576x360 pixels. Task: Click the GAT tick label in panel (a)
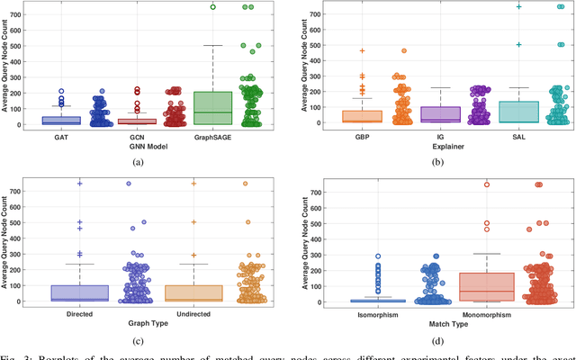coord(61,138)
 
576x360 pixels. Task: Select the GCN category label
coord(138,138)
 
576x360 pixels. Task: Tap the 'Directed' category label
coord(79,314)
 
